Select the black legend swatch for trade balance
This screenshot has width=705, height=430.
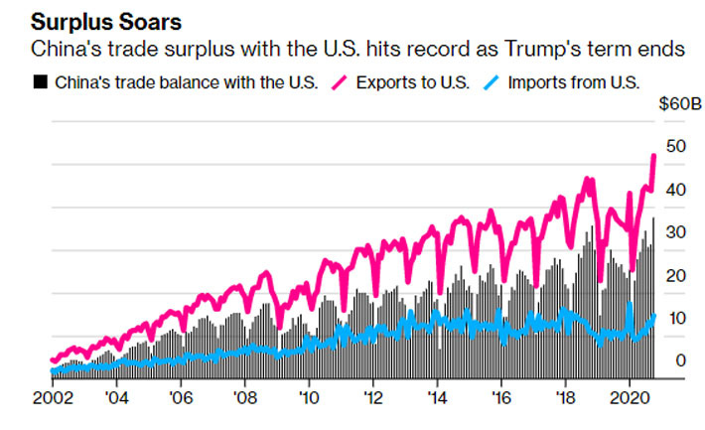pos(41,82)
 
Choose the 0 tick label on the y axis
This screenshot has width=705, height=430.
pos(679,360)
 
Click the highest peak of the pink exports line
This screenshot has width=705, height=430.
pos(653,155)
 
